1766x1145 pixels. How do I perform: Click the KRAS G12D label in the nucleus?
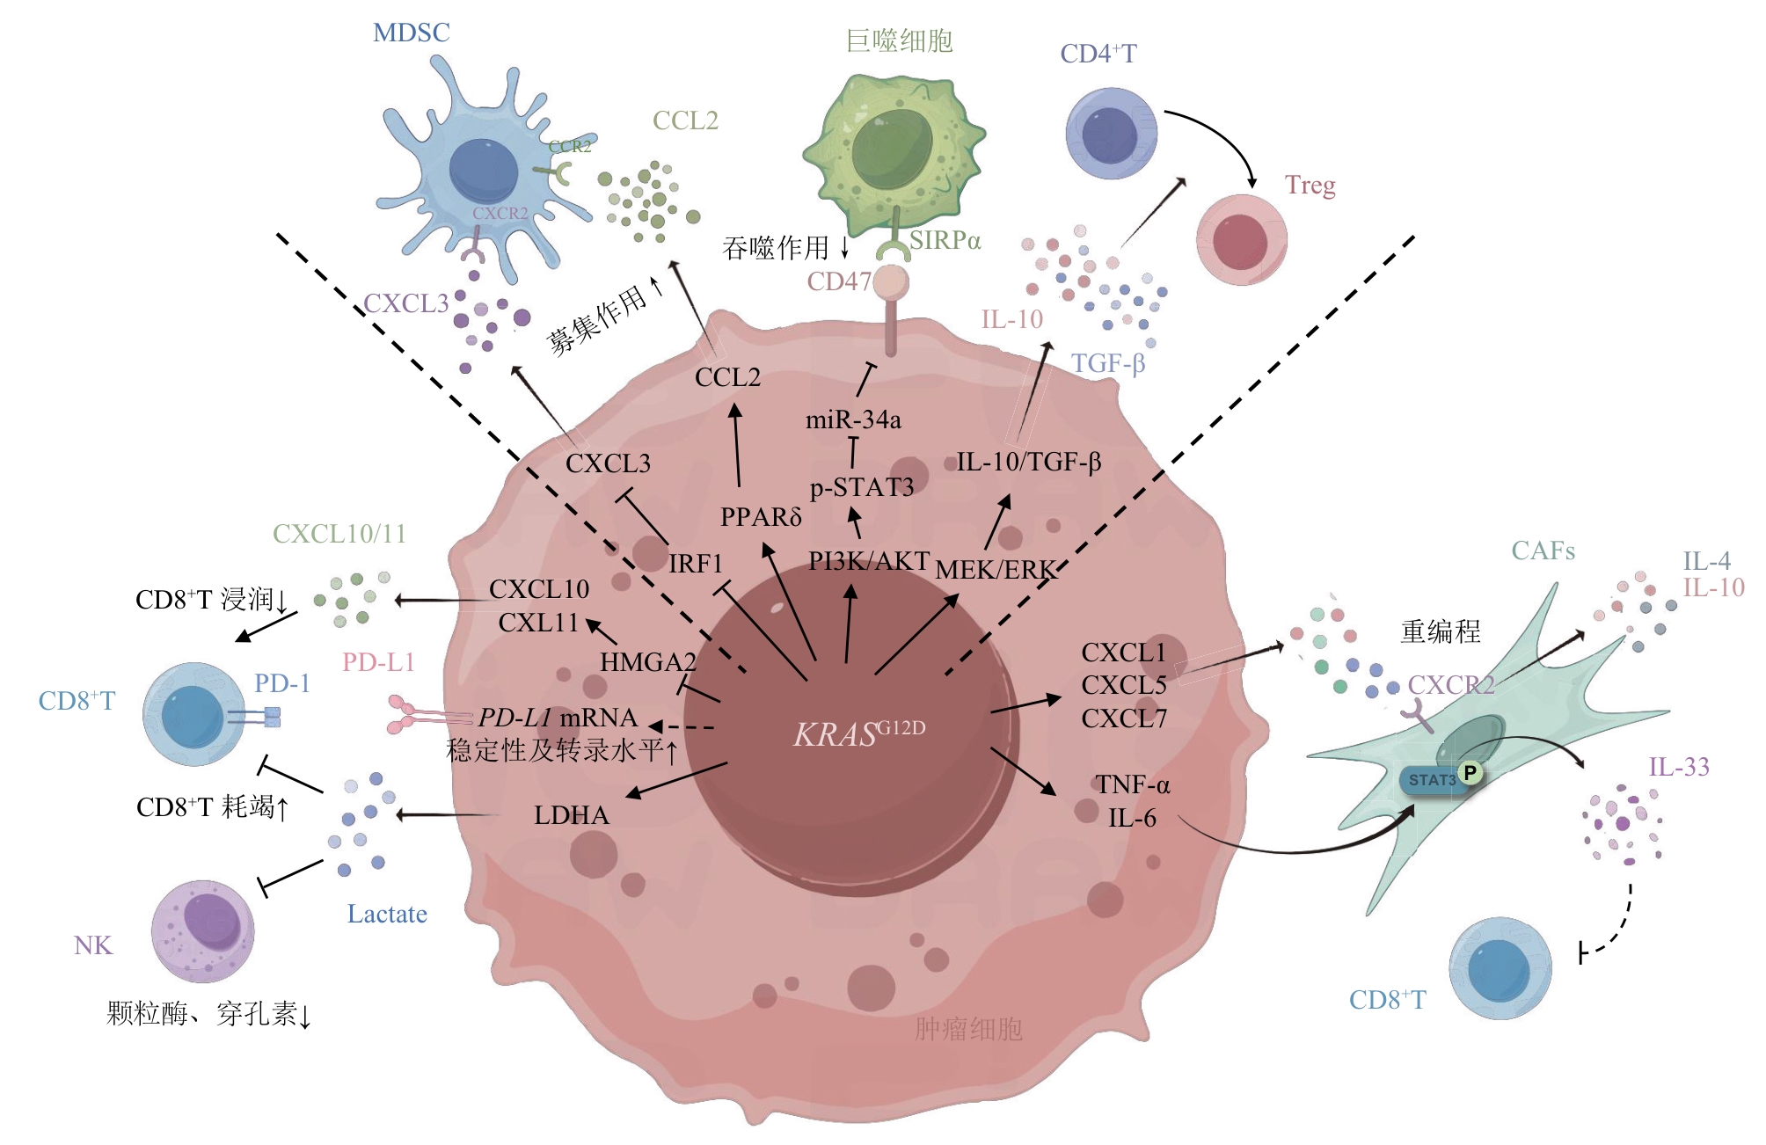click(x=858, y=733)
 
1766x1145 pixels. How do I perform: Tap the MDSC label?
click(x=411, y=33)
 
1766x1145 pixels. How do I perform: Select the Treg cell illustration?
click(x=1241, y=240)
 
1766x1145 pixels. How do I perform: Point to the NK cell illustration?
click(x=203, y=930)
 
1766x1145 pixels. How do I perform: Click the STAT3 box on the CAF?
click(x=1432, y=780)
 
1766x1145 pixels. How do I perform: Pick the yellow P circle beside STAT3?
click(x=1470, y=773)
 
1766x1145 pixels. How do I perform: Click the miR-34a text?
click(x=853, y=420)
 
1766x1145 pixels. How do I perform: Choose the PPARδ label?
click(x=761, y=517)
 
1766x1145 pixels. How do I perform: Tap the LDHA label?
click(x=572, y=815)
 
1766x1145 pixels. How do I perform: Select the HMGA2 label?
click(x=647, y=661)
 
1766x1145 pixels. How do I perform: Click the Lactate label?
click(x=387, y=914)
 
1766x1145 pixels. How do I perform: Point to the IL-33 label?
click(x=1678, y=767)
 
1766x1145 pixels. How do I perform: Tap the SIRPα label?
click(x=945, y=241)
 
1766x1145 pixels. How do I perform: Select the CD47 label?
click(x=839, y=281)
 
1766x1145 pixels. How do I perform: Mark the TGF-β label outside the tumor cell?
click(x=1107, y=363)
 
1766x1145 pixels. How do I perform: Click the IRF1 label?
click(x=695, y=563)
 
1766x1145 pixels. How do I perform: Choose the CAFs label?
click(x=1543, y=551)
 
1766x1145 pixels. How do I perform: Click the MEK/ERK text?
click(x=994, y=570)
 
